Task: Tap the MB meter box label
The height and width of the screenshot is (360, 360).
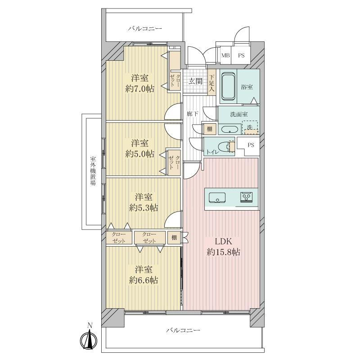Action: click(x=225, y=55)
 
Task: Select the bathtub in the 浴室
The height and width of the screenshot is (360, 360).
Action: click(x=228, y=86)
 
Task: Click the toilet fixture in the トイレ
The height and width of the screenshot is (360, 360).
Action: click(x=226, y=147)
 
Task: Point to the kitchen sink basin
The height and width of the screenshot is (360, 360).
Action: click(x=217, y=198)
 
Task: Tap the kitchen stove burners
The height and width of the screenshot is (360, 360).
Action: click(x=246, y=197)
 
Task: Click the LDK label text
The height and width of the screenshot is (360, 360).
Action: click(x=223, y=241)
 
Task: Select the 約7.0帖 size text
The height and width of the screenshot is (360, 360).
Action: click(x=139, y=89)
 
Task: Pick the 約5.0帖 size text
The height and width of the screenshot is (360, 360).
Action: click(x=139, y=154)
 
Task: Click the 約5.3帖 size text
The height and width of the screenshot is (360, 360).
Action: click(x=144, y=208)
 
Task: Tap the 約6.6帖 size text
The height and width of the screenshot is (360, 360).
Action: click(x=144, y=280)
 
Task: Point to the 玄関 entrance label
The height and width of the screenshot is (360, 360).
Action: click(x=195, y=81)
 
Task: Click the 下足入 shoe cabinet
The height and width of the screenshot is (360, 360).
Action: click(x=211, y=82)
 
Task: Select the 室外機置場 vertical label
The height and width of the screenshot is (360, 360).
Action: click(x=93, y=171)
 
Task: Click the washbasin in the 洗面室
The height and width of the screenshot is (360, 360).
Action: click(x=229, y=129)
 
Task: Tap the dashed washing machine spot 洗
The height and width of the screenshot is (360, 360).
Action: click(x=251, y=128)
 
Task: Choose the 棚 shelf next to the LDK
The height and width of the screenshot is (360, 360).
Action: click(x=174, y=238)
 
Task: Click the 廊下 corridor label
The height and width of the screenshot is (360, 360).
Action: click(x=193, y=114)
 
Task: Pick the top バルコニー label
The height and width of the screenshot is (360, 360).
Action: click(x=145, y=29)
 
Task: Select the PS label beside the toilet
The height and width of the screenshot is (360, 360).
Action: click(x=251, y=145)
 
